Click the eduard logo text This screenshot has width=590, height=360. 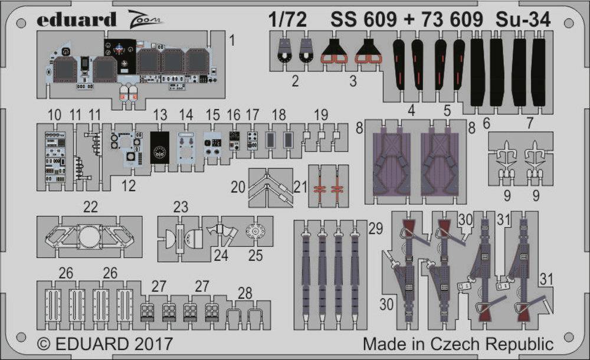click(x=76, y=19)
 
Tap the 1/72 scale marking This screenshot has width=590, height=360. click(x=287, y=19)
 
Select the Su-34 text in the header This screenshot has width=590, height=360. click(x=523, y=19)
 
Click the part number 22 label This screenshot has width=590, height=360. click(x=90, y=207)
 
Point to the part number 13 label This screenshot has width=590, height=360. click(x=160, y=115)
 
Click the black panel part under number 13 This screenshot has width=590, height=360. click(x=159, y=147)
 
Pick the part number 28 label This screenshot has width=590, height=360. click(x=245, y=293)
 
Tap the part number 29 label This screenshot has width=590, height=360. click(x=375, y=228)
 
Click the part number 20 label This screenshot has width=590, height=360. click(x=238, y=186)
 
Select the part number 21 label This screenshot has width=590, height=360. click(x=300, y=186)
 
